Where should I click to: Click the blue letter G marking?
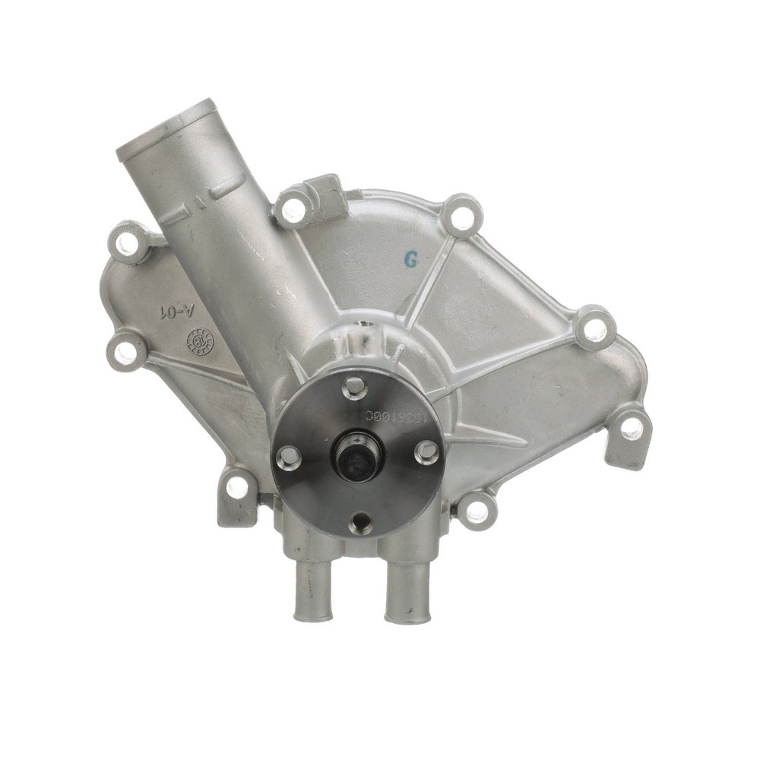point(411,259)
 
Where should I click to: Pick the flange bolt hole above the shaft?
point(353,388)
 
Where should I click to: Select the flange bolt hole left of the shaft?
point(289,457)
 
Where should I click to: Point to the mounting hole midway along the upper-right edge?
point(592,328)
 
